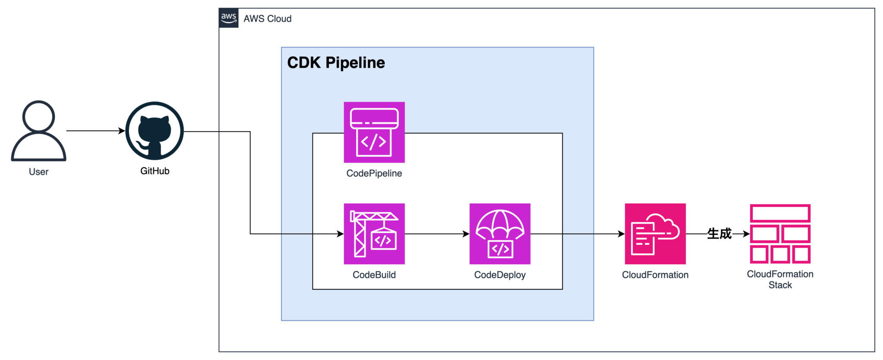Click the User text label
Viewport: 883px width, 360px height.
click(x=39, y=172)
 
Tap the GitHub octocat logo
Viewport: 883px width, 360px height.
click(x=154, y=131)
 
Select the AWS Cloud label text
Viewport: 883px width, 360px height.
click(x=267, y=19)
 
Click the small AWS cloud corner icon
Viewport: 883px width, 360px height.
click(x=229, y=19)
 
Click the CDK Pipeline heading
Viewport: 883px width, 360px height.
click(x=336, y=63)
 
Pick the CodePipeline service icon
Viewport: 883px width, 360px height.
click(x=374, y=132)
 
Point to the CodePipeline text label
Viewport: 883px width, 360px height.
click(x=374, y=173)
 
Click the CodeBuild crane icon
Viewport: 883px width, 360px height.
click(x=374, y=234)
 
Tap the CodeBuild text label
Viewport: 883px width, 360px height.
click(x=374, y=275)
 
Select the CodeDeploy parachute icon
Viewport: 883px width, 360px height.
click(x=500, y=234)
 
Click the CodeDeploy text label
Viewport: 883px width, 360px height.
click(x=500, y=275)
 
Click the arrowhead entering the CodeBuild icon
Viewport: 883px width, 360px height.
click(x=341, y=234)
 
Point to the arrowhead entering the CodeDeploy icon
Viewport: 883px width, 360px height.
click(x=466, y=234)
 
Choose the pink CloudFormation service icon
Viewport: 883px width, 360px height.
click(x=655, y=234)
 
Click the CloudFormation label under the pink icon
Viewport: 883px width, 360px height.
click(x=655, y=275)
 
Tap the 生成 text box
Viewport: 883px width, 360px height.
click(x=720, y=234)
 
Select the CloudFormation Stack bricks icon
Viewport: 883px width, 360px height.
click(x=780, y=234)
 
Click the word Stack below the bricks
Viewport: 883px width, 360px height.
click(x=780, y=285)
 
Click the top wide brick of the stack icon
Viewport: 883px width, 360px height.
click(x=780, y=213)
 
